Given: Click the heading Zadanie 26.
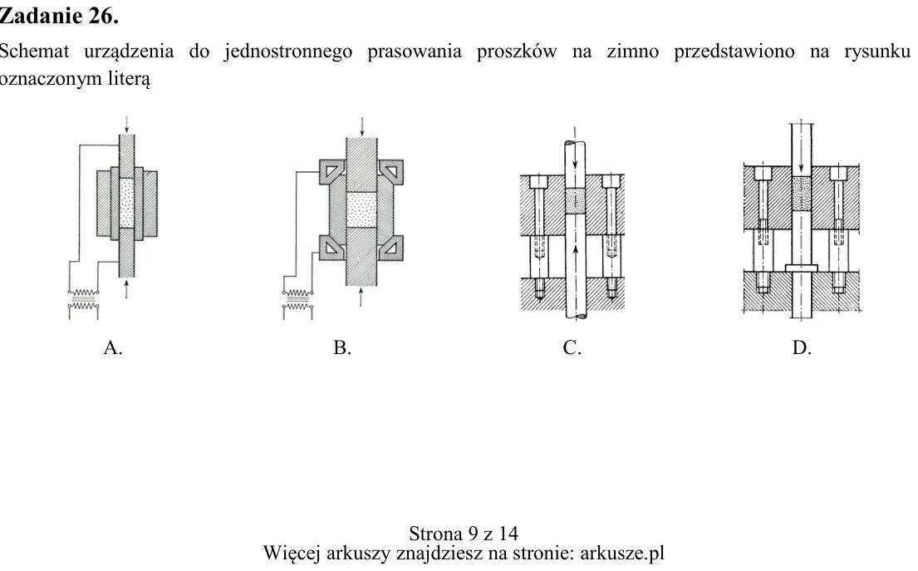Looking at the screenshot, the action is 58,16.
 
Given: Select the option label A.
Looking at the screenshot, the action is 113,347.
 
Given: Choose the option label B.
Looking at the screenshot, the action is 342,347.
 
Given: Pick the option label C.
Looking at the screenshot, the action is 572,347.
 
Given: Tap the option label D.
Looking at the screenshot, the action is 802,347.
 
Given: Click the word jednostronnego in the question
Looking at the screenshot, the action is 288,52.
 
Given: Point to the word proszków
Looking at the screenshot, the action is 517,52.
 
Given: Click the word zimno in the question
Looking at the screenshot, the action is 632,52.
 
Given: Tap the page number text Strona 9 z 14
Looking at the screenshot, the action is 463,534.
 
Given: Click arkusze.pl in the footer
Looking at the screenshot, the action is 622,553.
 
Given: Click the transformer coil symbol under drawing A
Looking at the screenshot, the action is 84,300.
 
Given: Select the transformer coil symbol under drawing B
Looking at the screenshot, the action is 297,300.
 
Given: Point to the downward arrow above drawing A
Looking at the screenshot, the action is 126,124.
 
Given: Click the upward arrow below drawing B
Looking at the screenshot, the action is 361,297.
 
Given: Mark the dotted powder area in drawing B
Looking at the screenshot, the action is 361,209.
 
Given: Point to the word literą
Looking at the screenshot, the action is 129,79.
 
